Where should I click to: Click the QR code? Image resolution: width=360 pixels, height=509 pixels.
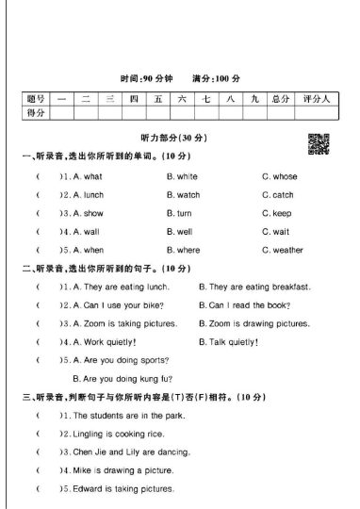pyautogui.click(x=318, y=143)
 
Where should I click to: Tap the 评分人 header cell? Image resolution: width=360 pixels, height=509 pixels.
pyautogui.click(x=314, y=98)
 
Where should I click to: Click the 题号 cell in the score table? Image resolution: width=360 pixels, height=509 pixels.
pyautogui.click(x=36, y=98)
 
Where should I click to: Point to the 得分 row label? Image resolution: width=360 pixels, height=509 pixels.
pyautogui.click(x=36, y=112)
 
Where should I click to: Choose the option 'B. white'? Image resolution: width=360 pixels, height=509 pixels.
pyautogui.click(x=182, y=176)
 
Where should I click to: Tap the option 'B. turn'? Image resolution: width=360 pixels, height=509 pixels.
pyautogui.click(x=179, y=213)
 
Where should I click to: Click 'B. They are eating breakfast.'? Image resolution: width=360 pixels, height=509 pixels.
pyautogui.click(x=254, y=287)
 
